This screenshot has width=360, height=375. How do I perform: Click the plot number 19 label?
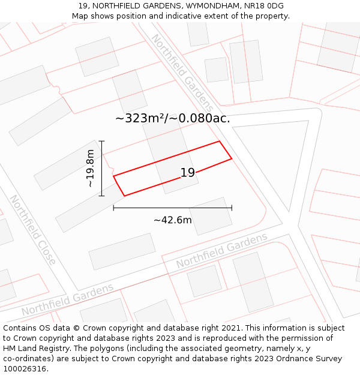pos(188,173)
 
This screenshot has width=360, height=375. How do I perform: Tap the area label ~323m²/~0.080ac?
pos(173,118)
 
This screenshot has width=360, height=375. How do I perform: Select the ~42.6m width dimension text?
pos(173,220)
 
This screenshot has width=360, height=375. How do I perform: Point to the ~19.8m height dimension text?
pos(90,169)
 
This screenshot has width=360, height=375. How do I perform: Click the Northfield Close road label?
pos(32,230)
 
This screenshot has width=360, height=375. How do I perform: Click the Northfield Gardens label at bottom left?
pos(67,300)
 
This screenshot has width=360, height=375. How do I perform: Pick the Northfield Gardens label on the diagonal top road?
pos(181,67)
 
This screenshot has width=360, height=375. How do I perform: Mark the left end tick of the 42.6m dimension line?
pos(113,208)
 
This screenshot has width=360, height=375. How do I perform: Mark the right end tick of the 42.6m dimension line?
pos(232,208)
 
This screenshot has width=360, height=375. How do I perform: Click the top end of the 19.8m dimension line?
pos(102,141)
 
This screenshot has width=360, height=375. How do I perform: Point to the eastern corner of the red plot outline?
pos(232,159)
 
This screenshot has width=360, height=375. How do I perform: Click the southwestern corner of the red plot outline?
pos(124,196)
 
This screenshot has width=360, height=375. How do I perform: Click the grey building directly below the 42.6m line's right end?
pos(211,216)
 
